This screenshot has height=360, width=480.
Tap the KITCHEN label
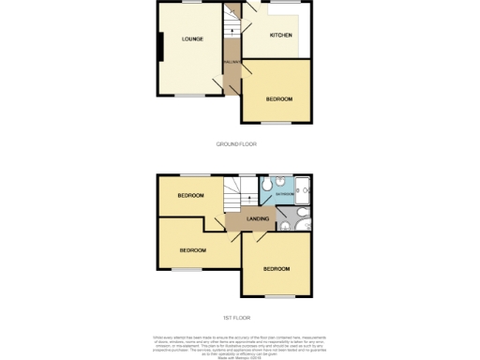tap(280, 36)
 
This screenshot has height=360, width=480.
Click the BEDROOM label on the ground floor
tap(278, 99)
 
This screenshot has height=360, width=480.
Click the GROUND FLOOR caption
tap(236, 143)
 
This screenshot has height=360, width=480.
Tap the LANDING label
tap(259, 219)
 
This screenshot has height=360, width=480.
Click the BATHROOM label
tap(284, 194)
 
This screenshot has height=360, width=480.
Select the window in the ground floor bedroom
tap(276, 123)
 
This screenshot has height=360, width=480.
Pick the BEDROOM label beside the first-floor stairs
tap(191, 196)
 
